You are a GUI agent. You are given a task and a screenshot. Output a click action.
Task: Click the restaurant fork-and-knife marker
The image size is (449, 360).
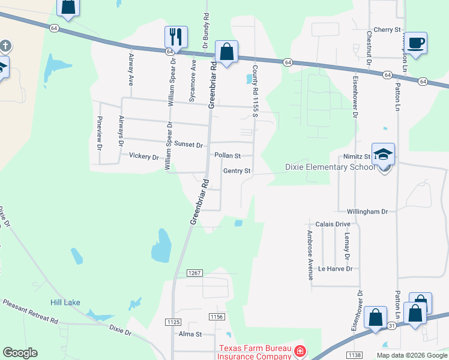tap(176, 36)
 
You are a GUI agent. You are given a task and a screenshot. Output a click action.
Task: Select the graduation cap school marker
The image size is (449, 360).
tap(383, 154)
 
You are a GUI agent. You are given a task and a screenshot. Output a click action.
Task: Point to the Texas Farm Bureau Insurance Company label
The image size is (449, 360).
tap(255, 352)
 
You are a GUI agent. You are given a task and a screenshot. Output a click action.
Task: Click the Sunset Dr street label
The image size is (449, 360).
tap(188, 145)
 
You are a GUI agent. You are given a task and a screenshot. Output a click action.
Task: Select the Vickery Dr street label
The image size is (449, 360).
tap(144, 157)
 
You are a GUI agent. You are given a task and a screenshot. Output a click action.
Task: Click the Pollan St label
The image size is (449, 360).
tap(228, 155)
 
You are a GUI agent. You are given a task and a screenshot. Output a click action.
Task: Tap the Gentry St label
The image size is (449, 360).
tap(237, 171)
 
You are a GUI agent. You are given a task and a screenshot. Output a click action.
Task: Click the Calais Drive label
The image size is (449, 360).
tap(333, 224)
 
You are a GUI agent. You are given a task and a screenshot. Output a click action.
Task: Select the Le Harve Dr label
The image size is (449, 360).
tap(335, 269)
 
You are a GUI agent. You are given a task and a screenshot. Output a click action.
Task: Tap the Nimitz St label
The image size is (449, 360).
tap(358, 157)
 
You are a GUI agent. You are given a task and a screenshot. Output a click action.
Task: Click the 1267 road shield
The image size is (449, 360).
tap(194, 273)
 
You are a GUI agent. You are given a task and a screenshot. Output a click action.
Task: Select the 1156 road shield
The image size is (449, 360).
tap(217, 316)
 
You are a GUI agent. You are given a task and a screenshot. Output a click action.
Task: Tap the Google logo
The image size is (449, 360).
tap(20, 353)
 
